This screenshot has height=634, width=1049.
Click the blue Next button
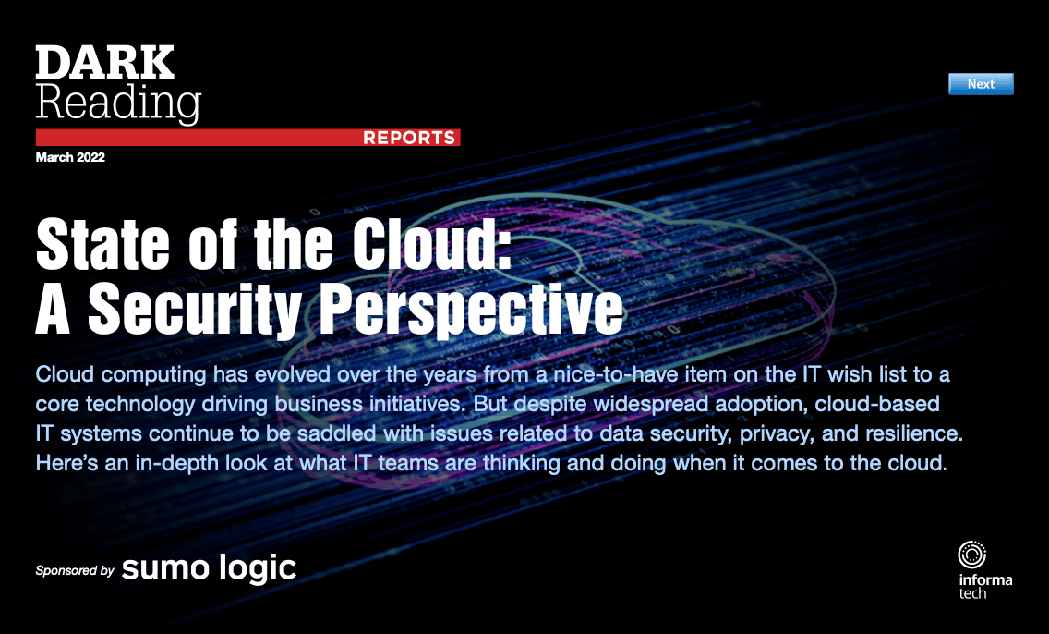tap(981, 84)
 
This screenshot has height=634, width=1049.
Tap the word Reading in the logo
tap(118, 103)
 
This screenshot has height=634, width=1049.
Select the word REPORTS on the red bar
tap(409, 138)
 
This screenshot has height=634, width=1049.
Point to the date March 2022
tap(70, 157)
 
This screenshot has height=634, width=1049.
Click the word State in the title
tap(102, 244)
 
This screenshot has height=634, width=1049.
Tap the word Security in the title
tap(195, 308)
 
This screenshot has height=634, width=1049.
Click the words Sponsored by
tap(75, 570)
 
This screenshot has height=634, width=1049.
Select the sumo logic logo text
tap(209, 568)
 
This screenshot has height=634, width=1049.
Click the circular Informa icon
tap(972, 555)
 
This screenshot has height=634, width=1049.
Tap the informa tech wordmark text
tap(985, 586)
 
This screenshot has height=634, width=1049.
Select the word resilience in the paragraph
tap(914, 433)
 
